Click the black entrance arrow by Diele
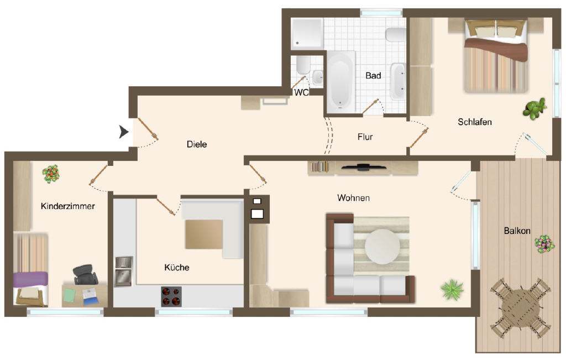tap(124, 132)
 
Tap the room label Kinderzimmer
tap(68, 206)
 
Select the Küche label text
tap(177, 267)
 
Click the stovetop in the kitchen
tap(171, 296)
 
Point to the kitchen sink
tap(124, 272)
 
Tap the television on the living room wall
tap(364, 167)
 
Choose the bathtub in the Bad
tap(340, 82)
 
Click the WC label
tap(301, 93)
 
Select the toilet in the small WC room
tap(303, 65)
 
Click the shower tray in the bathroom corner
tap(307, 34)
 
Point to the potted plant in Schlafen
tap(534, 108)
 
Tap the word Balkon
tap(517, 231)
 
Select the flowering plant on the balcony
tap(544, 244)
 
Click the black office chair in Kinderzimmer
tap(85, 274)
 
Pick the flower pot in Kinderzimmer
tap(51, 174)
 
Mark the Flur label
tap(365, 137)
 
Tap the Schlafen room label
tap(475, 122)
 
